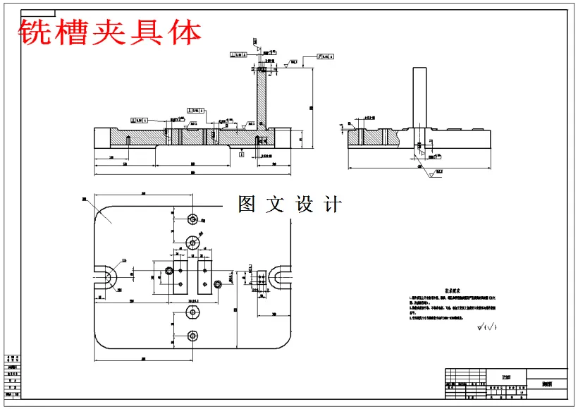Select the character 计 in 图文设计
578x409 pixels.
(x=332, y=204)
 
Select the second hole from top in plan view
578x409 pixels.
(x=192, y=243)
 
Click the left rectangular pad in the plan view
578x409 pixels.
(x=181, y=276)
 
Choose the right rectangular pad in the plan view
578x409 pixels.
(x=206, y=276)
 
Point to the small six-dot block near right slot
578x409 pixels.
(x=262, y=281)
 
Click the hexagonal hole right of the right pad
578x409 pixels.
(x=218, y=283)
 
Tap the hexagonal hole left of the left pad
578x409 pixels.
(x=168, y=271)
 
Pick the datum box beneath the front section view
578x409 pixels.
(x=242, y=155)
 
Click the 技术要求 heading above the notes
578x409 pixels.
(x=454, y=290)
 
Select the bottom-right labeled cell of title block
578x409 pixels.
(x=547, y=385)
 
